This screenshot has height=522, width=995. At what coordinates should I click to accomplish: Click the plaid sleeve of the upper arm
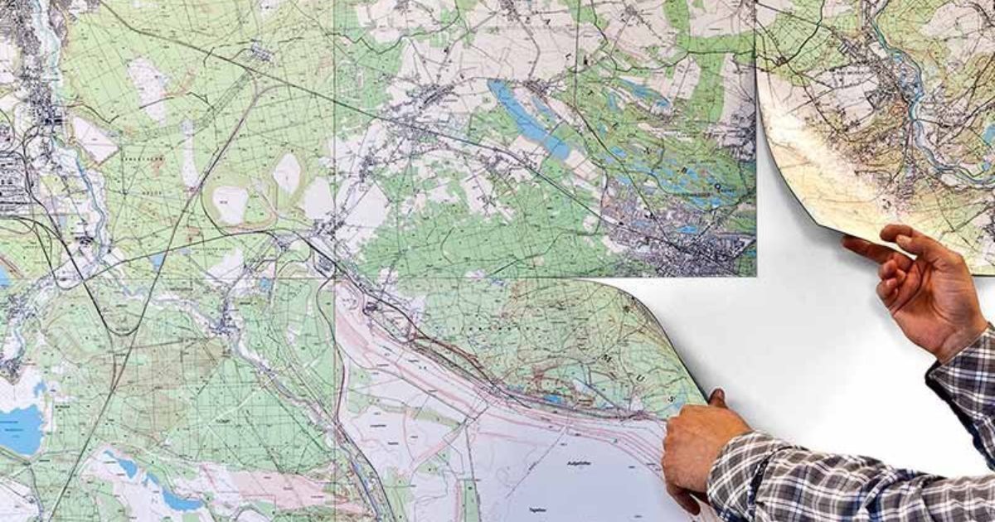[966, 381]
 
